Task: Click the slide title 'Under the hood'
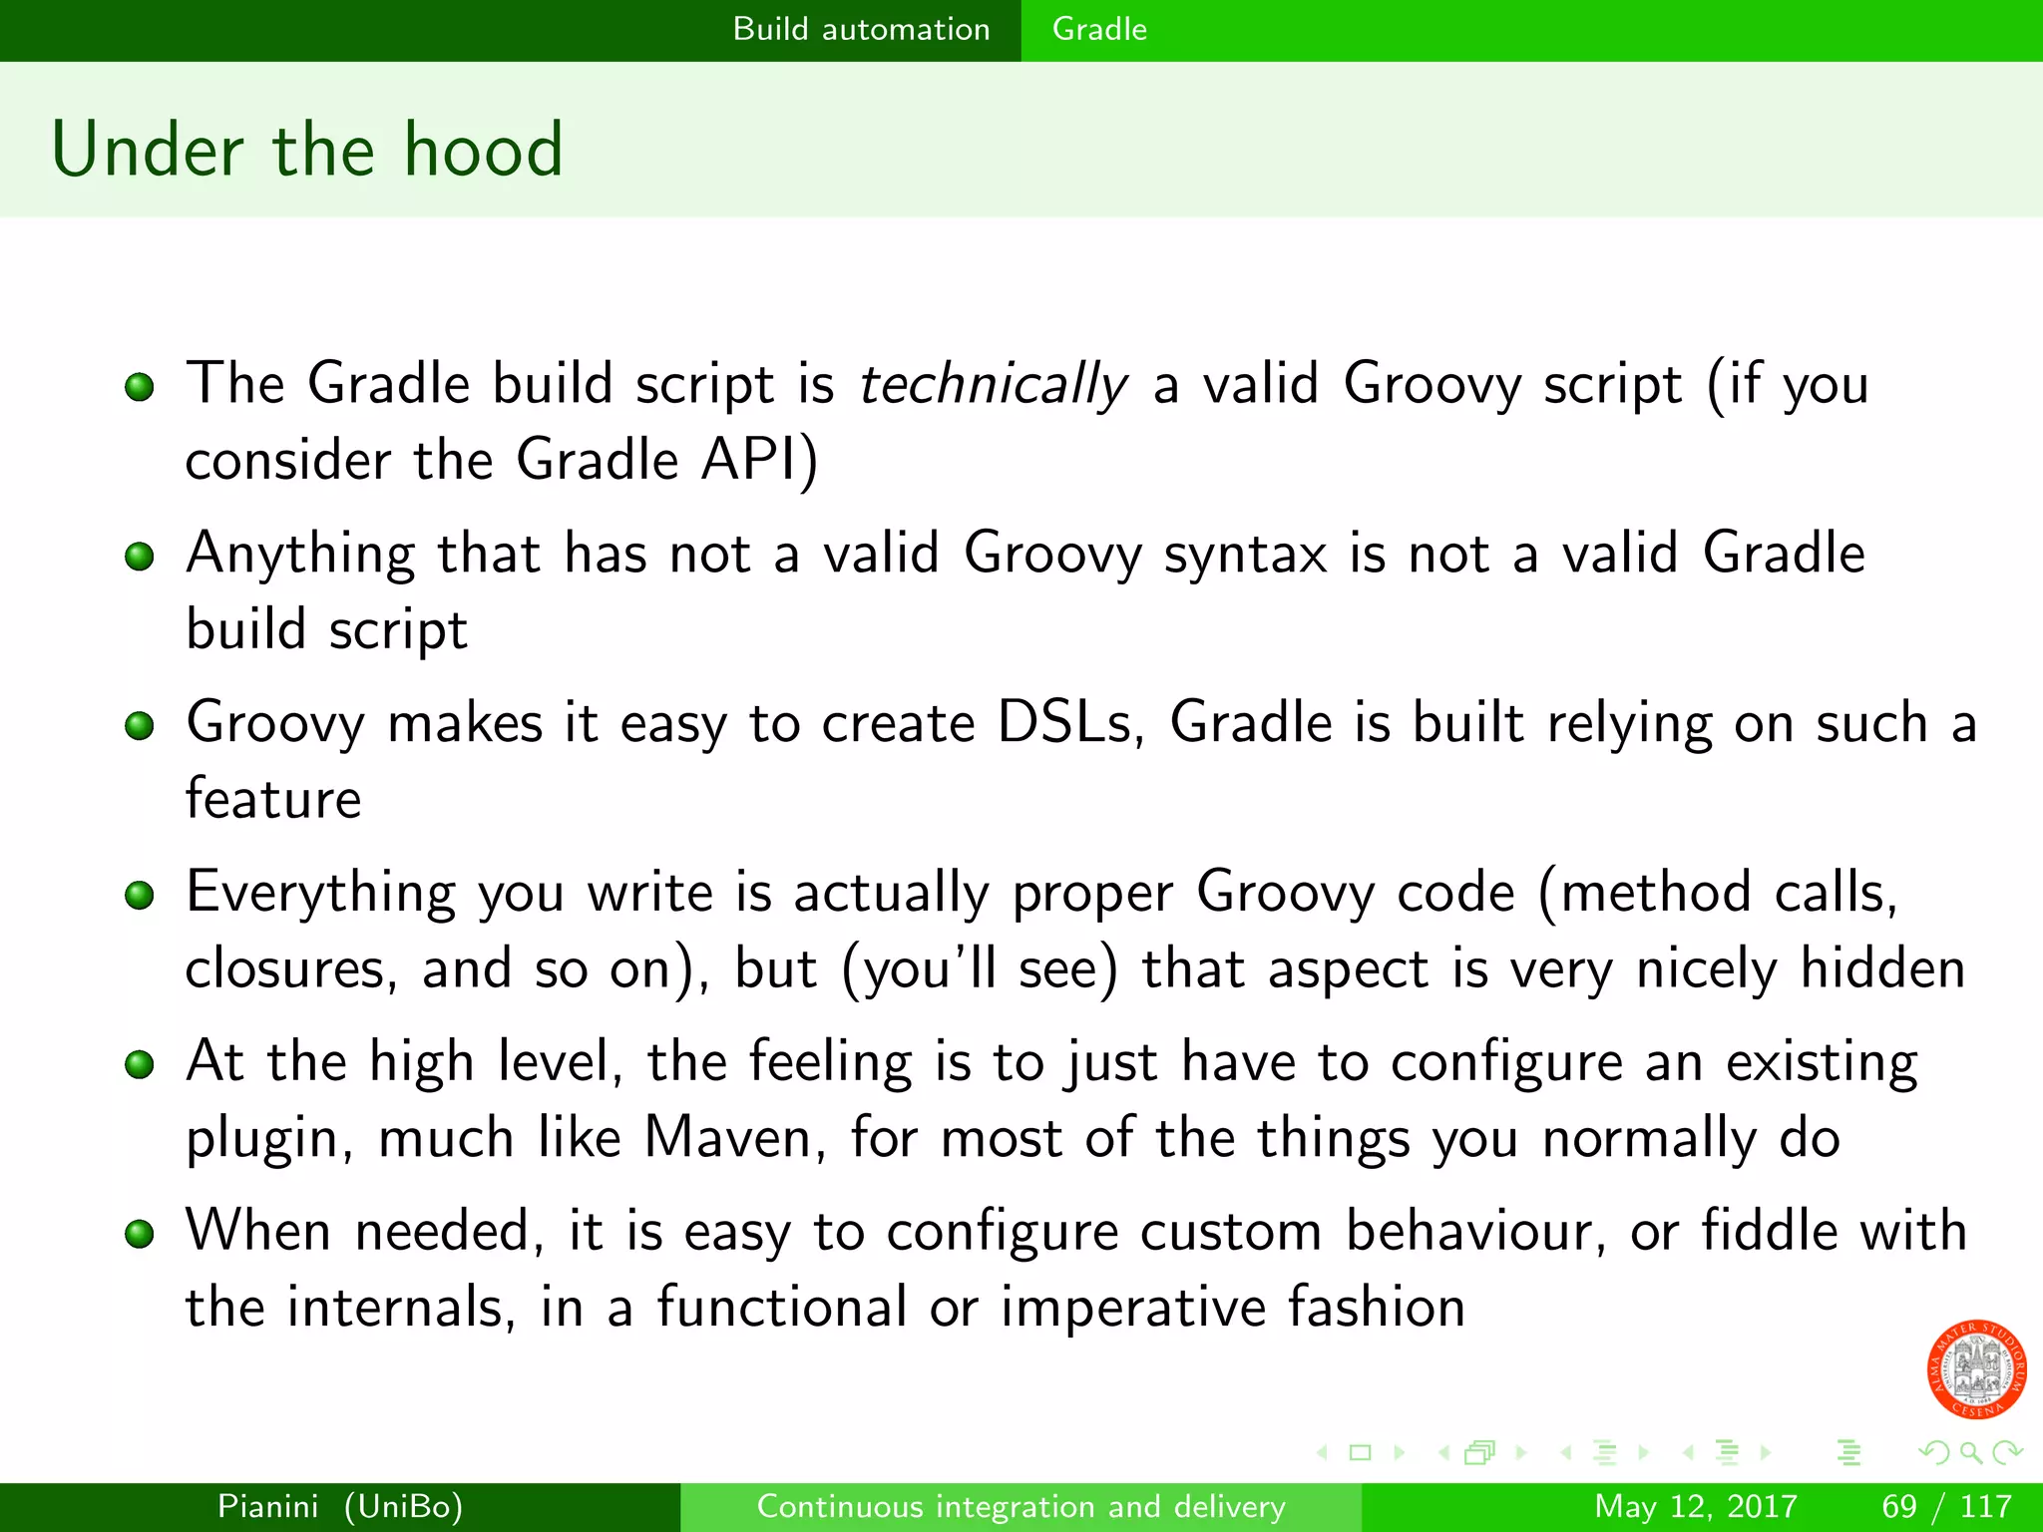coord(307,150)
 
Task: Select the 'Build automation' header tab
coord(861,29)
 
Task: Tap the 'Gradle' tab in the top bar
coord(1099,29)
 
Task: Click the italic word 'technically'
coord(993,384)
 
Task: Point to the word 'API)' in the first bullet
coord(759,460)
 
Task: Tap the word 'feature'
coord(273,799)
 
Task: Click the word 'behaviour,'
coord(1475,1231)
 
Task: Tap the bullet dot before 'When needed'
coord(140,1234)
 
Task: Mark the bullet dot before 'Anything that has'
coord(140,556)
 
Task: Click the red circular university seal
coord(1976,1368)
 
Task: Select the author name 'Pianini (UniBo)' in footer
coord(340,1506)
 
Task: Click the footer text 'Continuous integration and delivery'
coord(1021,1506)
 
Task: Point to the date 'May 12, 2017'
coord(1695,1506)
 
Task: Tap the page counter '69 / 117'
coord(1945,1506)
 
